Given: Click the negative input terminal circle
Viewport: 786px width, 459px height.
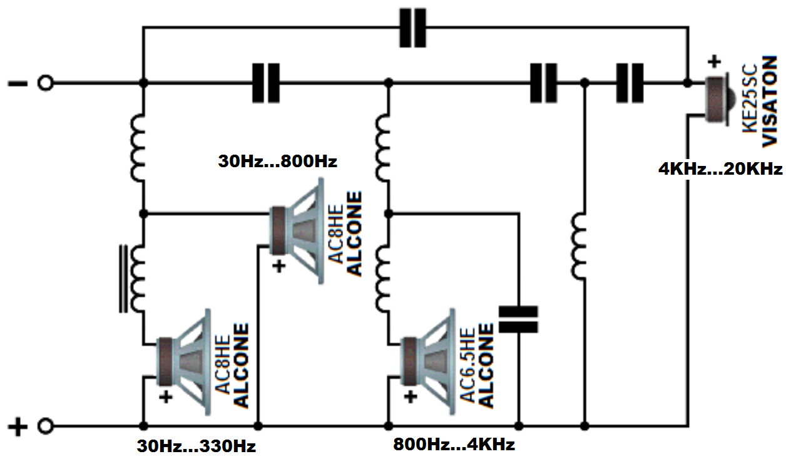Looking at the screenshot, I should [x=44, y=83].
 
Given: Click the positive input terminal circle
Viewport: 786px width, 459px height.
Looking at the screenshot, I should [x=44, y=427].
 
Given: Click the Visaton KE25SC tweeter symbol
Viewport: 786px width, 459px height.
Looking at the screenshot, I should [x=716, y=99].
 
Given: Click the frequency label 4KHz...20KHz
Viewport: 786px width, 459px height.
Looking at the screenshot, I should [x=720, y=169].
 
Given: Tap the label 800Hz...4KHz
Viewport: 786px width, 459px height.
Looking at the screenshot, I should [x=454, y=445].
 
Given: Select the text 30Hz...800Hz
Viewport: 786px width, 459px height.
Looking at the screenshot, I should [x=277, y=162].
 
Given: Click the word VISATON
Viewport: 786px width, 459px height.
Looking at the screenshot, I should [x=770, y=100].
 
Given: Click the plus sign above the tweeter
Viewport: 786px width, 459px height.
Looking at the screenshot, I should [x=714, y=63].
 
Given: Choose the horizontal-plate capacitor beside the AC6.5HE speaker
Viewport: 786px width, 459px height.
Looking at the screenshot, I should [x=518, y=319].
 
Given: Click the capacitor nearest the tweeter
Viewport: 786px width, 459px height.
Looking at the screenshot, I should [x=630, y=83].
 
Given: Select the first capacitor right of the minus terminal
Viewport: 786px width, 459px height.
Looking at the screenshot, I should [x=266, y=83].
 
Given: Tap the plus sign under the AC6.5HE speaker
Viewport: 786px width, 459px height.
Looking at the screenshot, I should [x=410, y=396].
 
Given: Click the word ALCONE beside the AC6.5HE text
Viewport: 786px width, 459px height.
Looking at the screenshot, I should [x=486, y=367].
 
